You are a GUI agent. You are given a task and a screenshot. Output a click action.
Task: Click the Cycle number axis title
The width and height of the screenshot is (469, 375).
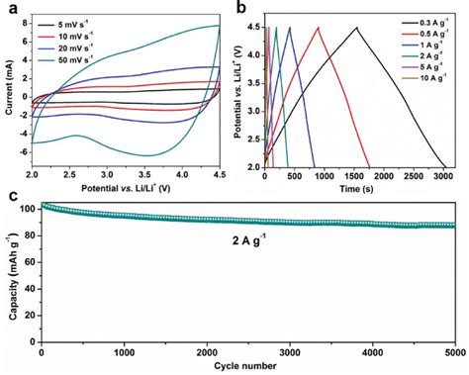tap(246, 367)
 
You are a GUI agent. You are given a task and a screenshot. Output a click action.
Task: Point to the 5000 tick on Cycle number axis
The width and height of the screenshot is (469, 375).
tap(454, 353)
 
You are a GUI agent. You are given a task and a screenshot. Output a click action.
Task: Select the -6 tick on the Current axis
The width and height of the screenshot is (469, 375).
tap(24, 154)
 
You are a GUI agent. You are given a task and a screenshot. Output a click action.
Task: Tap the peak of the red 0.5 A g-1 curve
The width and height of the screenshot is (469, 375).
tap(319, 28)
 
